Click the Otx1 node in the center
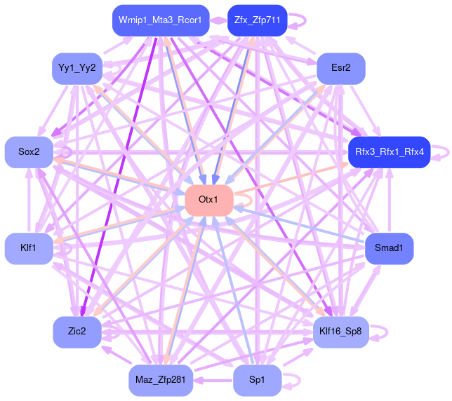point(208,200)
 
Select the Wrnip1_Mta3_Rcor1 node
point(160,20)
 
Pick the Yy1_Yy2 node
point(78,68)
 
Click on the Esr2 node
point(341,68)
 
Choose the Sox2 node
point(29,152)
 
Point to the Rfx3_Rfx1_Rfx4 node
point(389,152)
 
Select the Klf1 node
point(29,248)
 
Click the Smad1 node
point(389,248)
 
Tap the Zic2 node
point(78,332)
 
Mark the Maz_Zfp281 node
point(160,380)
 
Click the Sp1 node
point(258,380)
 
